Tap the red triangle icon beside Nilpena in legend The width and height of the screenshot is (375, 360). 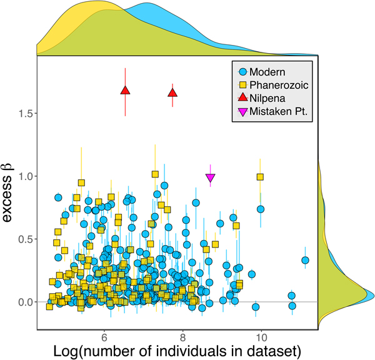point(238,99)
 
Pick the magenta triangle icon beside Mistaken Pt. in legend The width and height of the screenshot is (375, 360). point(238,112)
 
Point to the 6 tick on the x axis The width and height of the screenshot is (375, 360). point(104,334)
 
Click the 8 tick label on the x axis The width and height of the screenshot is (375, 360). point(182,334)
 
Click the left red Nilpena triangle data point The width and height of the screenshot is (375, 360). point(125,91)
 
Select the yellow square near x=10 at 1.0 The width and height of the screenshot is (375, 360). point(261,177)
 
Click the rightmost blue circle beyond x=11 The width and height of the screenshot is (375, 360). point(305,260)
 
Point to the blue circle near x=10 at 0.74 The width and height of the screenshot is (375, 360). point(261,209)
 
